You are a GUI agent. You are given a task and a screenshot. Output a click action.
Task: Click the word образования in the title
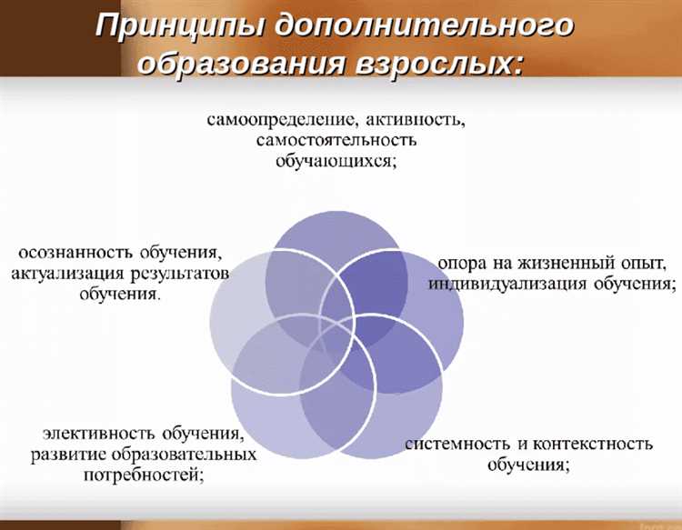pyautogui.click(x=238, y=64)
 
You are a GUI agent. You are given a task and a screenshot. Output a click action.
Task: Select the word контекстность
pyautogui.click(x=592, y=445)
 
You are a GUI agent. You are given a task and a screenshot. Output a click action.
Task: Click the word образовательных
pyautogui.click(x=190, y=453)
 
